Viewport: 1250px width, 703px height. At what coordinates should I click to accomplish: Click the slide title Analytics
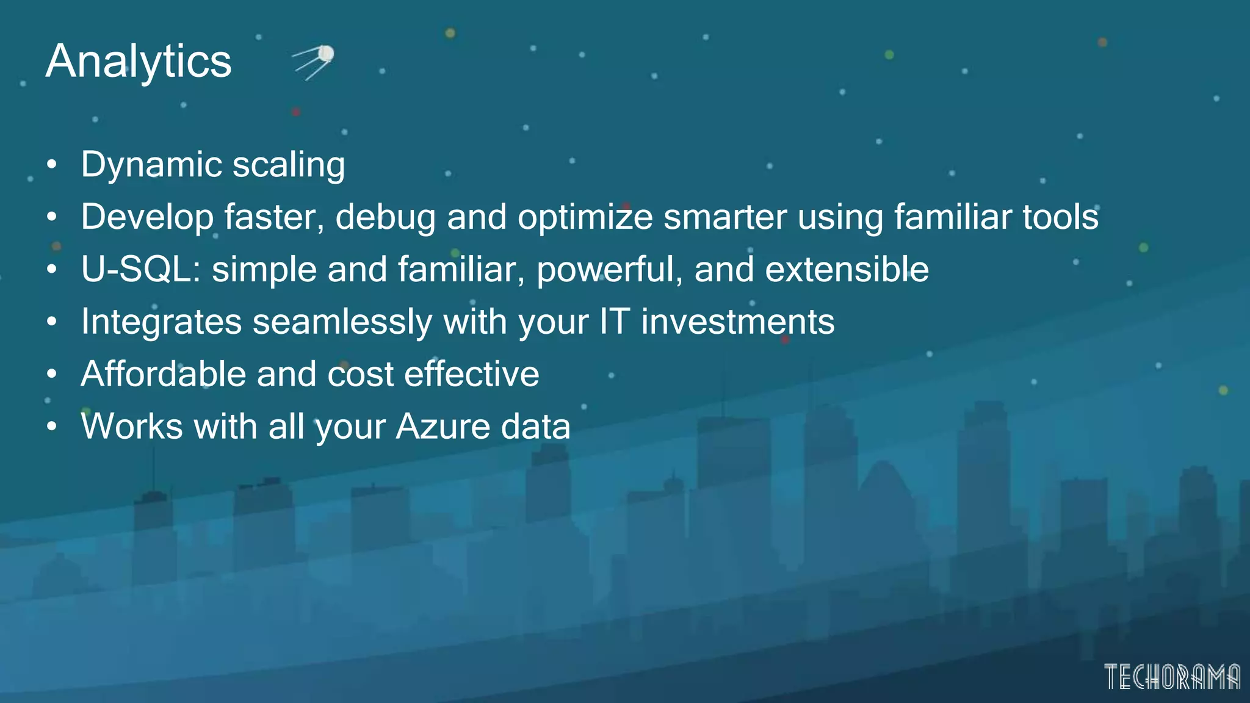coord(139,62)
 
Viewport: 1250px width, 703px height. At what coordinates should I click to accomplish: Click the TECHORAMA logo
coord(1172,677)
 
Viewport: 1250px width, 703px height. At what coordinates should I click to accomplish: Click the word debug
coord(386,217)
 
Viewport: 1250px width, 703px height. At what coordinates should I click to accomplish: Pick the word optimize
coord(585,217)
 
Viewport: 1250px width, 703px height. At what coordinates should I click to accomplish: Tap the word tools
coord(1060,217)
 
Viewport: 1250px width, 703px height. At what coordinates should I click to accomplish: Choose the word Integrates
coord(161,322)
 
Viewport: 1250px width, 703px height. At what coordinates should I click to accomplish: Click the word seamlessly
coord(342,322)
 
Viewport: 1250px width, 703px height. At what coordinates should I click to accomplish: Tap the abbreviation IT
coord(614,322)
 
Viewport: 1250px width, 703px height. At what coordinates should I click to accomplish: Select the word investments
coord(737,322)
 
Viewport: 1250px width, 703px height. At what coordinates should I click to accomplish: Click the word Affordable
coord(163,374)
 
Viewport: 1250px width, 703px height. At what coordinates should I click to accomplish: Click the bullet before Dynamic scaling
coord(52,165)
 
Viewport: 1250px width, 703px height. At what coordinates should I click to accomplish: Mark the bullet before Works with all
coord(52,427)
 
